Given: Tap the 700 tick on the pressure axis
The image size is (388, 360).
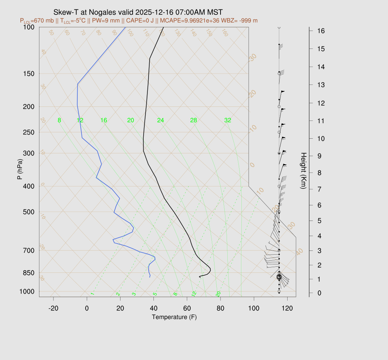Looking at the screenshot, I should click(29, 250).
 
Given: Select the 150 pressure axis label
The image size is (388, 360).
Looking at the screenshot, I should click(29, 74).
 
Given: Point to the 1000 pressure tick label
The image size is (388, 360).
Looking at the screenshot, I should click(28, 291).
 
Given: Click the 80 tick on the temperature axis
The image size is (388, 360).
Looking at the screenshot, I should click(221, 308).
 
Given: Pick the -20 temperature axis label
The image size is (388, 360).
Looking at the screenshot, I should click(53, 308).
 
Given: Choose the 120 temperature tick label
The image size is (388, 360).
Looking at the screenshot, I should click(287, 308).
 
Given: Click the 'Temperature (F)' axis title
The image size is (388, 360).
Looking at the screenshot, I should click(174, 317).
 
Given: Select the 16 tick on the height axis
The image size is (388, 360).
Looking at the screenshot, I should click(317, 30).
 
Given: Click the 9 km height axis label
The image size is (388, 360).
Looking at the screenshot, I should click(316, 155).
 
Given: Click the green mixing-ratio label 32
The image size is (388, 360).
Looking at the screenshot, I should click(227, 121).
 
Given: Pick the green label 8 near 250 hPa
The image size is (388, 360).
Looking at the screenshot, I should click(59, 121).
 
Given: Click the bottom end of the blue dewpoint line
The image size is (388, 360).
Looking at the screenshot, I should click(150, 277).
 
